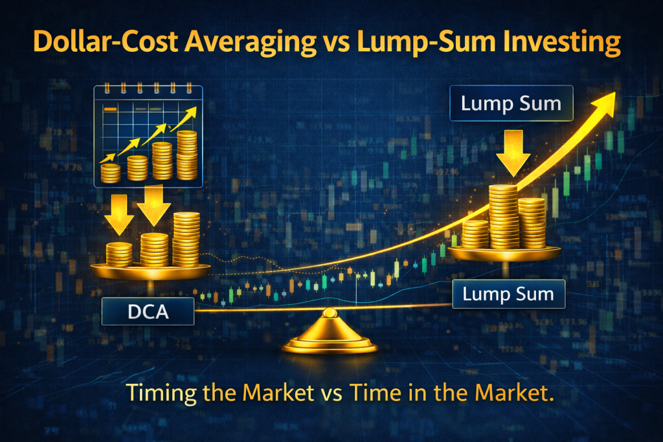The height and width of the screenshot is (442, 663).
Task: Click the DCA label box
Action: (148, 312)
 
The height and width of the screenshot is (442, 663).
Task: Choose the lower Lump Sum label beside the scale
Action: (508, 294)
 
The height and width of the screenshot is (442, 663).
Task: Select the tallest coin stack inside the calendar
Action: (186, 155)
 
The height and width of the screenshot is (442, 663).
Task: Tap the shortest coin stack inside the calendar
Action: (111, 173)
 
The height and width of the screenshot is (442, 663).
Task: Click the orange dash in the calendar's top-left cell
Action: (111, 109)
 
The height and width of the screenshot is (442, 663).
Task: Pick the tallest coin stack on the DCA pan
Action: (186, 238)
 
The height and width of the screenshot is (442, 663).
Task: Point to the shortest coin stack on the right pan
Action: (476, 234)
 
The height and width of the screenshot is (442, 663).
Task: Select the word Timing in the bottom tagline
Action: (155, 393)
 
